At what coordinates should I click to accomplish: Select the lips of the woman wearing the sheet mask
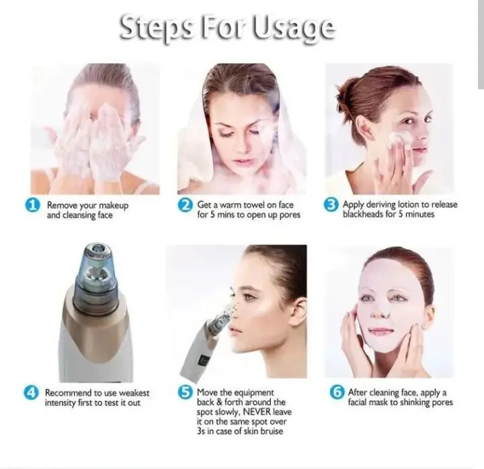pos(380,331)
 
